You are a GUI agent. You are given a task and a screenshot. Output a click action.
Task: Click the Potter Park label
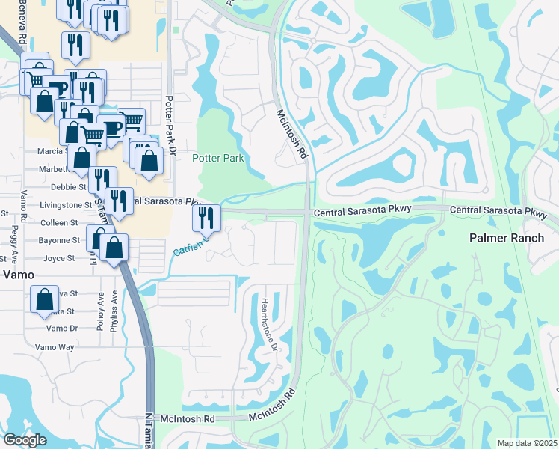click(x=218, y=158)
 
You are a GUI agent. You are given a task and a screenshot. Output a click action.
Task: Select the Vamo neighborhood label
click(x=18, y=275)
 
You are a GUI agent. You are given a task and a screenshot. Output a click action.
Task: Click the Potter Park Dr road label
click(x=170, y=124)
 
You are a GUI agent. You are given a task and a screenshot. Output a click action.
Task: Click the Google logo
click(x=25, y=440)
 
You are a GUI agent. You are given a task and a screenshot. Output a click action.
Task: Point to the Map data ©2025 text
click(x=527, y=443)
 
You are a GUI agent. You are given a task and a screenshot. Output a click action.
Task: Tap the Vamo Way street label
click(x=55, y=347)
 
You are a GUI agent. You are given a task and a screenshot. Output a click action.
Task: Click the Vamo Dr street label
click(x=61, y=329)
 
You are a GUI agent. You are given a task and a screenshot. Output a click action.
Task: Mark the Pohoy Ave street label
click(x=99, y=314)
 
